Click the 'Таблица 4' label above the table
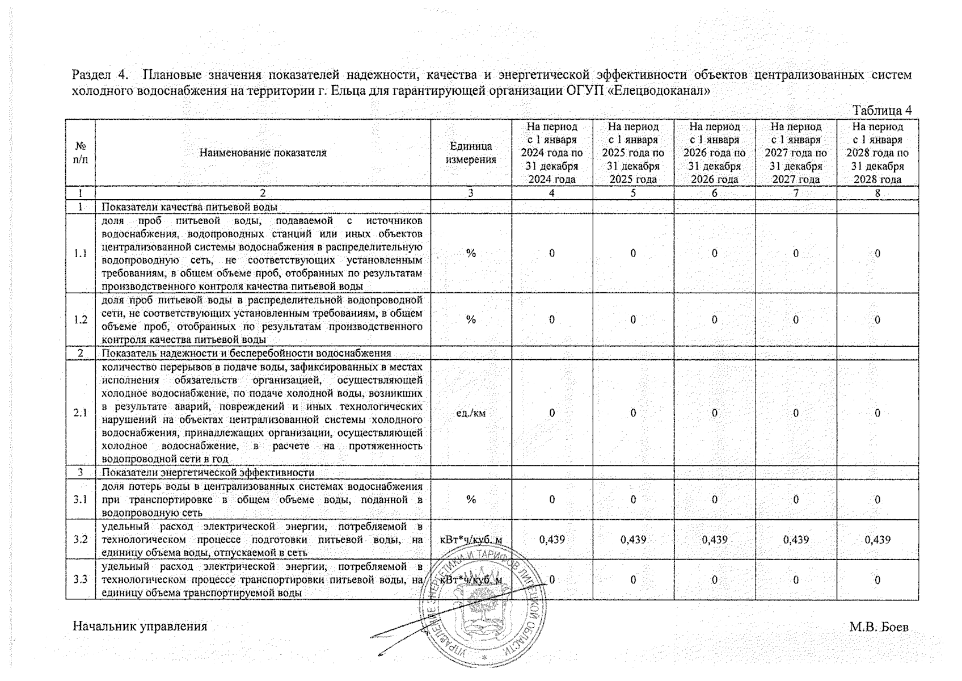pyautogui.click(x=881, y=110)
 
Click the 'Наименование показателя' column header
pyautogui.click(x=263, y=153)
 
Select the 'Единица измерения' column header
pyautogui.click(x=471, y=153)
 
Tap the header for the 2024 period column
pyautogui.click(x=552, y=153)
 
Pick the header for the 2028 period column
pyautogui.click(x=877, y=153)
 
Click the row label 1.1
pyautogui.click(x=81, y=253)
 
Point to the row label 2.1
pyautogui.click(x=81, y=413)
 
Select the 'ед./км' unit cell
pyautogui.click(x=471, y=413)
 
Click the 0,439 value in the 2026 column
pyautogui.click(x=714, y=539)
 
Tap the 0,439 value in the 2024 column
pyautogui.click(x=552, y=539)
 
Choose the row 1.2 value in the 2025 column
pyautogui.click(x=633, y=320)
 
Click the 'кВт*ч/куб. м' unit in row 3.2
pyautogui.click(x=471, y=539)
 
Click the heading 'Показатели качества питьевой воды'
pyautogui.click(x=189, y=207)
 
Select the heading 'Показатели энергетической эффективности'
pyautogui.click(x=208, y=472)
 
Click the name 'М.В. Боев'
pyautogui.click(x=879, y=627)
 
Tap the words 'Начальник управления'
pyautogui.click(x=140, y=627)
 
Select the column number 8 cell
pyautogui.click(x=877, y=193)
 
